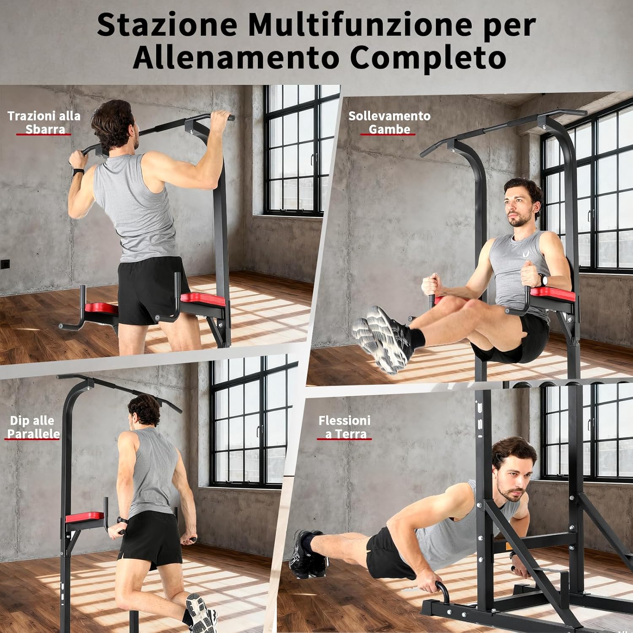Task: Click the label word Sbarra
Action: click(45, 129)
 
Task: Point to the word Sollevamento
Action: click(389, 116)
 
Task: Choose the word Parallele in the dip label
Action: click(33, 434)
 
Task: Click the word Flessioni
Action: click(344, 420)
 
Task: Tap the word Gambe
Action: click(389, 129)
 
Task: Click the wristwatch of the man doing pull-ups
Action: click(78, 172)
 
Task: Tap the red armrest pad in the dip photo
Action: click(84, 517)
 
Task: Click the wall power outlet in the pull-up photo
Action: click(3, 265)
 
